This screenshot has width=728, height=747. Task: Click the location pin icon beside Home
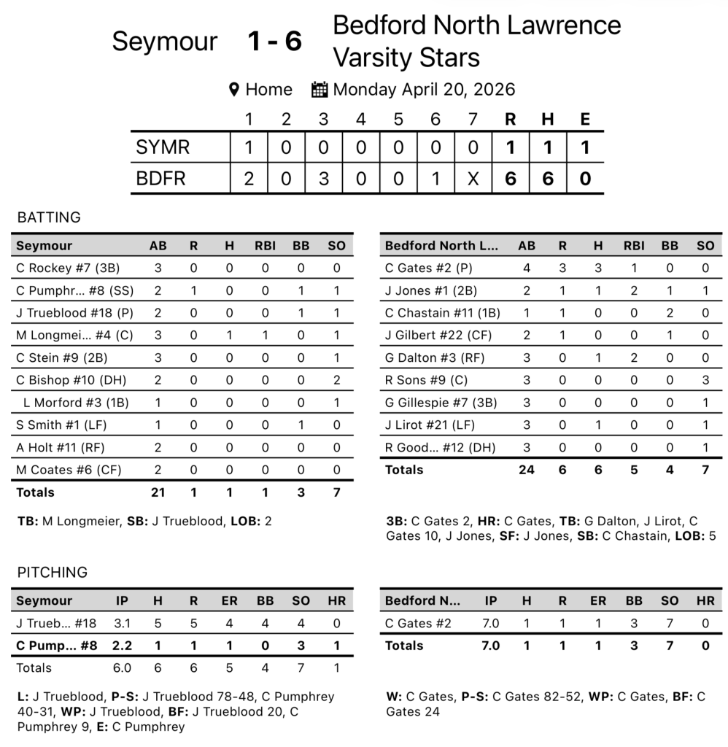(234, 90)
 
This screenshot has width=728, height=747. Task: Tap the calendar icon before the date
(320, 90)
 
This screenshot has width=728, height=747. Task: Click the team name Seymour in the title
(164, 42)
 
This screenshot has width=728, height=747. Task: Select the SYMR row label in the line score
(163, 147)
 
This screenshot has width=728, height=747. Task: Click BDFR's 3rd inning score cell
(323, 179)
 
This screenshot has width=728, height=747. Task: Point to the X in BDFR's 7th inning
(473, 179)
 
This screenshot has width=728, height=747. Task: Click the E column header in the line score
(585, 120)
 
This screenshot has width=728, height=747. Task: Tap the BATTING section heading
(49, 217)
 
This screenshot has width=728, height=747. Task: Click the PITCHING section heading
(52, 573)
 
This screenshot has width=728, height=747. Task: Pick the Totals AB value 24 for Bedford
(526, 470)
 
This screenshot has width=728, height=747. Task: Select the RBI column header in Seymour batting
(265, 246)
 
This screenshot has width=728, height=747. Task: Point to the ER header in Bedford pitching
(598, 601)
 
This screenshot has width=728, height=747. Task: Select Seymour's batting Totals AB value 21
(158, 492)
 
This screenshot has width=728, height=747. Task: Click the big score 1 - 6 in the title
(274, 42)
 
